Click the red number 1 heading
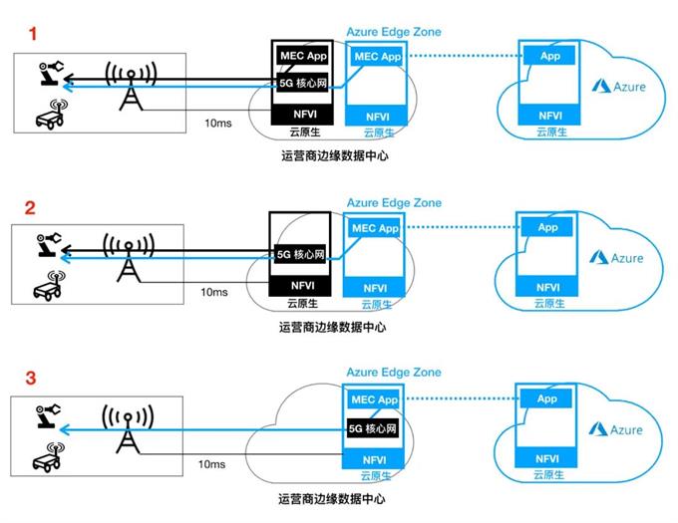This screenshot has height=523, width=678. tap(33, 33)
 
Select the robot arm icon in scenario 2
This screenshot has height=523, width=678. tap(46, 244)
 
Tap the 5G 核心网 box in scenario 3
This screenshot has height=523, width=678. tap(374, 429)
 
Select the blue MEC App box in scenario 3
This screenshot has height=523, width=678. tap(375, 400)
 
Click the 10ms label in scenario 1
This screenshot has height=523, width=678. tap(216, 124)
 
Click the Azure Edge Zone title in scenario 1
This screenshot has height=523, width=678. tap(393, 32)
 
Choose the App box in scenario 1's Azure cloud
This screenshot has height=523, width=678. tap(549, 57)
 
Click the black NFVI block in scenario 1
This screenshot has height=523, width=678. tap(304, 116)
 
